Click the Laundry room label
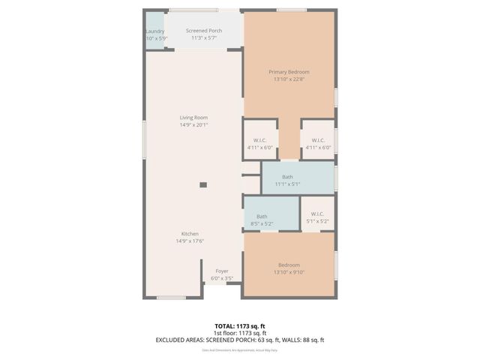point(155,31)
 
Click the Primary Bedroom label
point(289,72)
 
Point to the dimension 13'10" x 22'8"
point(289,79)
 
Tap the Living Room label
point(193,118)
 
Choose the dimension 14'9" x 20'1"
point(193,125)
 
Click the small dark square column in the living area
point(202,184)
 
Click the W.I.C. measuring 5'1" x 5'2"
point(318,217)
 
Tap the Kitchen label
point(189,234)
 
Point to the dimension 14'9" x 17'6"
point(189,241)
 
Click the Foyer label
point(222,271)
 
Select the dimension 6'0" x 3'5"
point(222,277)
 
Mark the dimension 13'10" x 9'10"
point(289,272)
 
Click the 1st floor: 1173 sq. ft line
point(239,332)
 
